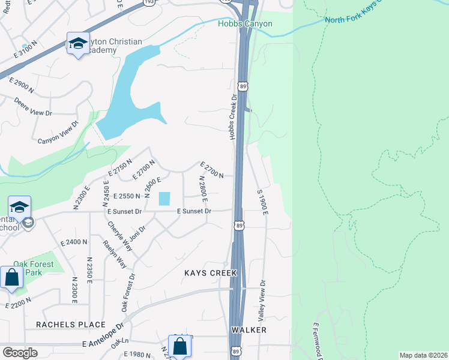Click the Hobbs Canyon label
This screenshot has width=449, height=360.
click(245, 24)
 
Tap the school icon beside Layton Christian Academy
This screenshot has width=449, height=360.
click(77, 44)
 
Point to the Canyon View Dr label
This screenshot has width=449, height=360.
click(58, 133)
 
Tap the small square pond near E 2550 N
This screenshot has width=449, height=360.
click(164, 198)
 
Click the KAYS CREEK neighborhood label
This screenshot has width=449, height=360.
click(210, 273)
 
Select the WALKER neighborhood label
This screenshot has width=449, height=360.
click(249, 330)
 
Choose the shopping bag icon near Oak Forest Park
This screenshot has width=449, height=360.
click(11, 278)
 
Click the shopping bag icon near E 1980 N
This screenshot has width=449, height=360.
click(179, 346)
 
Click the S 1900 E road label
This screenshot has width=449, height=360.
click(261, 202)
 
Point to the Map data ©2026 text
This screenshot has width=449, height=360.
click(423, 355)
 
